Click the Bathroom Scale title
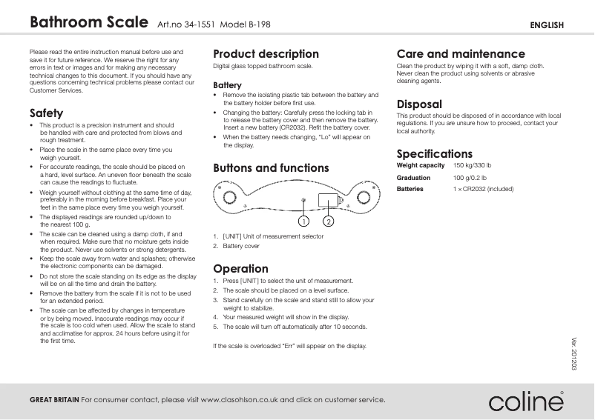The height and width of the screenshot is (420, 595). tap(88, 23)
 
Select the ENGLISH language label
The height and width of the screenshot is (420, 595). tap(547, 25)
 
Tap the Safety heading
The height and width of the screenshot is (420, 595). tap(46, 113)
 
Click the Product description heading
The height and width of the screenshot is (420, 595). tap(266, 54)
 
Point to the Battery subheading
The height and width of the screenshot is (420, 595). tap(227, 86)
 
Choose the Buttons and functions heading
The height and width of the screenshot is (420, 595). tap(271, 168)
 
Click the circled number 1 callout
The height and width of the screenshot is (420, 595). tap(303, 221)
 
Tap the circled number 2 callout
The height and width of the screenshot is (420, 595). tap(328, 221)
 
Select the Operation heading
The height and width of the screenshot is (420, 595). tap(240, 269)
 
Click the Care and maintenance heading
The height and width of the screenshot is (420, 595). tap(461, 54)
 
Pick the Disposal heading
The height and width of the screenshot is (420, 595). tap(419, 104)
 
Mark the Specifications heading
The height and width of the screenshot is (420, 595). tap(434, 154)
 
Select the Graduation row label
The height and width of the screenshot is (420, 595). tap(413, 178)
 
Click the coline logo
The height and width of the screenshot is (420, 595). tap(525, 401)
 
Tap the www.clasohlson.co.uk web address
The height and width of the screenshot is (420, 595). tap(239, 400)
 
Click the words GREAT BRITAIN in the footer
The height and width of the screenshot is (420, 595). tap(54, 400)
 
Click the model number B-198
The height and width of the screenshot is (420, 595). tap(257, 24)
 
